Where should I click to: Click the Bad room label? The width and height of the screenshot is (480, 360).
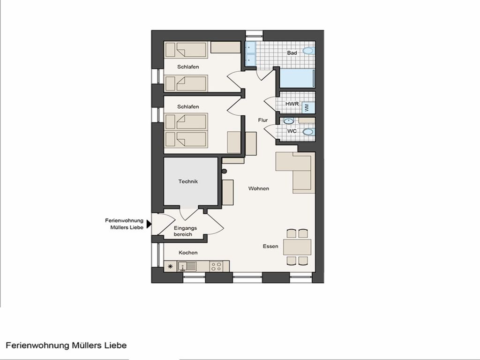[292, 53]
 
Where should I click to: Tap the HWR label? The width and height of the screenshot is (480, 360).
[292, 104]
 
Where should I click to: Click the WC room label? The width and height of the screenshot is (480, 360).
[292, 131]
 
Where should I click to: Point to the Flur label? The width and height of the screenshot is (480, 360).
[262, 120]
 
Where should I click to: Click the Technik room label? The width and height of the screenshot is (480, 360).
[188, 181]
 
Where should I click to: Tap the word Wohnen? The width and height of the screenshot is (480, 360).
[259, 188]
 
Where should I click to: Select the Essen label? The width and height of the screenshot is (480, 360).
[270, 246]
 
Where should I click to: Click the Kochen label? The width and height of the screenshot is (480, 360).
[188, 253]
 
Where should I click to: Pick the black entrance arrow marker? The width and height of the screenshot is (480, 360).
[149, 224]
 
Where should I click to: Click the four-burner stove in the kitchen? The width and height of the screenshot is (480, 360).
[216, 266]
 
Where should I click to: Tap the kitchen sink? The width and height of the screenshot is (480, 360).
[187, 266]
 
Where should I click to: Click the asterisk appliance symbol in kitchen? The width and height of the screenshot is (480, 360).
[171, 266]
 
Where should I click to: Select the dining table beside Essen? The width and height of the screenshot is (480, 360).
[297, 247]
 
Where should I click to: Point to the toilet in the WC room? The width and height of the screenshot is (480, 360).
[308, 132]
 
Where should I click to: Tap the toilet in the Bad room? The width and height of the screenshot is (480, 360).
[308, 51]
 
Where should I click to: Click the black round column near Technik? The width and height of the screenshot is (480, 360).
[224, 171]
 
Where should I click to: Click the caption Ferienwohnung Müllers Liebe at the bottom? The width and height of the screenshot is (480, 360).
[66, 345]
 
